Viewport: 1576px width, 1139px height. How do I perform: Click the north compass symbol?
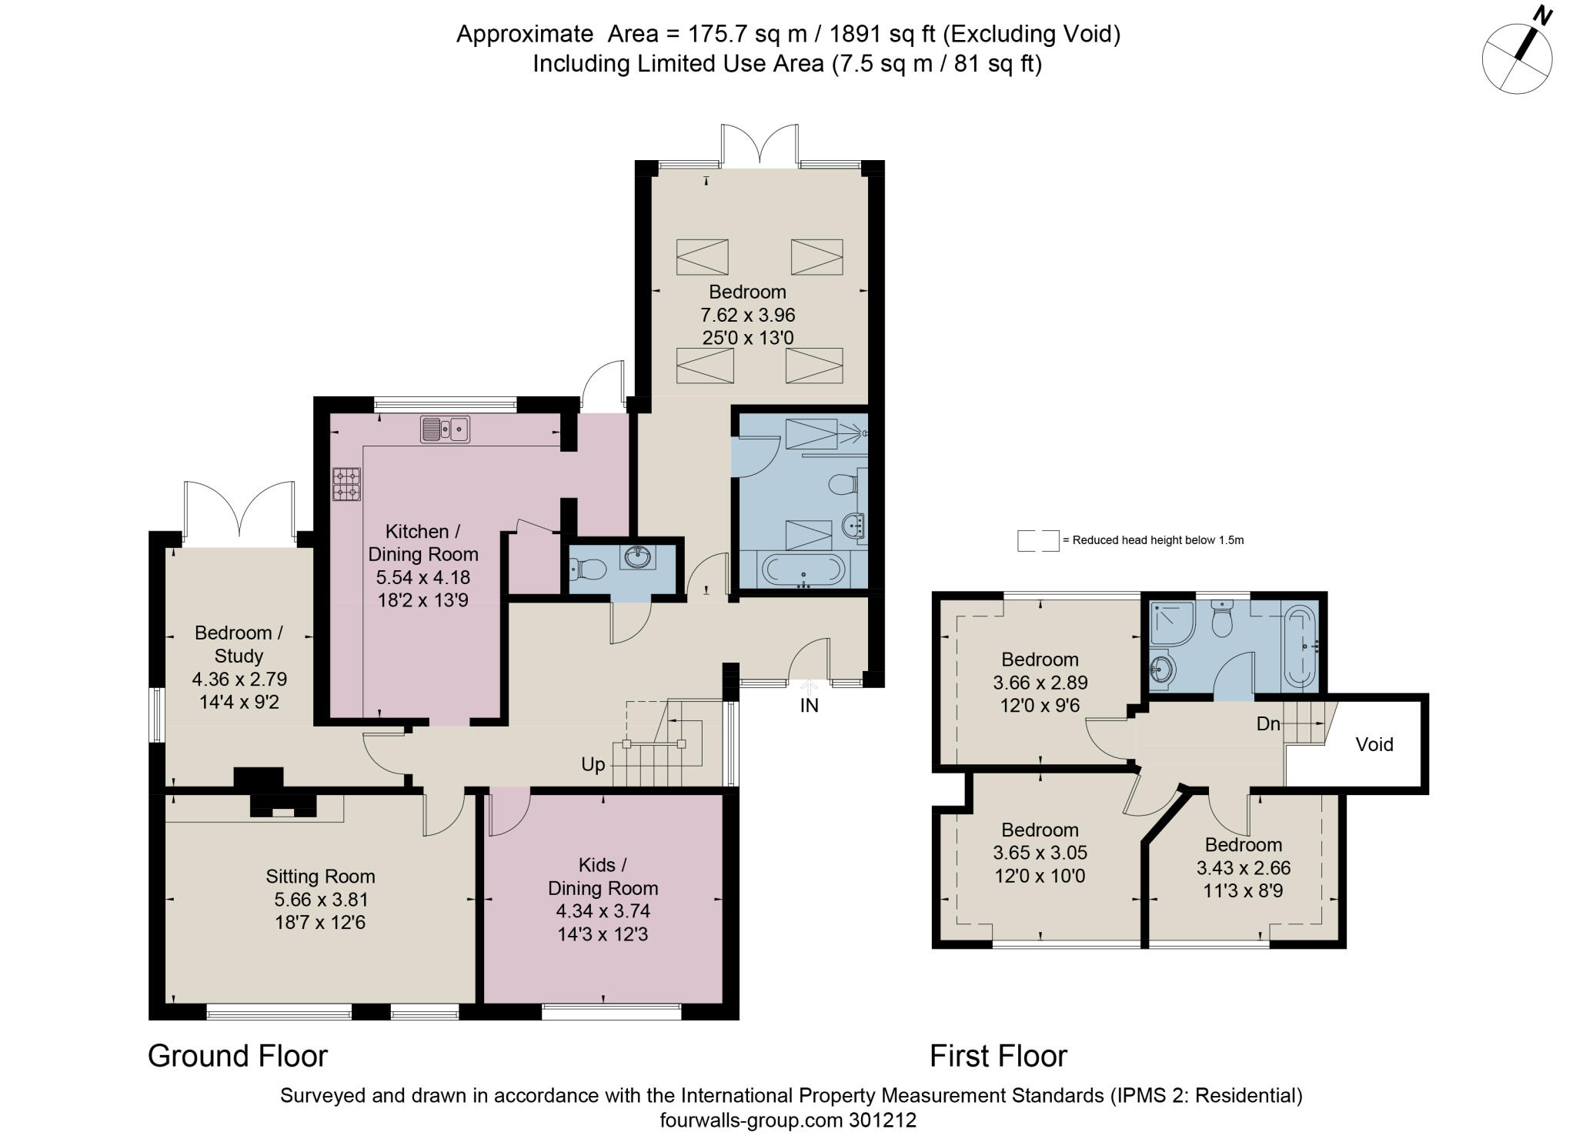click(x=1517, y=58)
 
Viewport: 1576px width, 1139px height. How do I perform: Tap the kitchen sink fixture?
click(x=445, y=429)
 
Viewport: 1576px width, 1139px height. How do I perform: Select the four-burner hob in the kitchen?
click(x=346, y=485)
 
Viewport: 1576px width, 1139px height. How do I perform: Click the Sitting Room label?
click(x=320, y=877)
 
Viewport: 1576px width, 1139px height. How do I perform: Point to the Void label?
click(x=1374, y=744)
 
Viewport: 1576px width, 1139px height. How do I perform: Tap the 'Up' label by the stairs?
click(x=593, y=764)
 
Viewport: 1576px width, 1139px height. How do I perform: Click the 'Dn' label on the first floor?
click(x=1268, y=723)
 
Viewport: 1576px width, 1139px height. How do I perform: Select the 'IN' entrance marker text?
click(x=809, y=705)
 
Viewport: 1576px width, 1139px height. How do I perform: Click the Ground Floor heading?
click(x=237, y=1056)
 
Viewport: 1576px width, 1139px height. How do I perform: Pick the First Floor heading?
click(x=998, y=1056)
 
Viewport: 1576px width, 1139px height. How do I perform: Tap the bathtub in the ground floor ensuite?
click(x=803, y=570)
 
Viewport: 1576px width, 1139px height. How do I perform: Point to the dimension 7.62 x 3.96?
click(x=747, y=315)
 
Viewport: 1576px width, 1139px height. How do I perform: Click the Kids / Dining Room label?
click(x=603, y=876)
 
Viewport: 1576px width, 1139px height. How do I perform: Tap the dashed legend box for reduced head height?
click(x=1037, y=540)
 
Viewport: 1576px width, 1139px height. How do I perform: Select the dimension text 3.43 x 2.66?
click(x=1243, y=868)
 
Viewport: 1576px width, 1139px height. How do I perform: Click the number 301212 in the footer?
click(x=883, y=1120)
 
